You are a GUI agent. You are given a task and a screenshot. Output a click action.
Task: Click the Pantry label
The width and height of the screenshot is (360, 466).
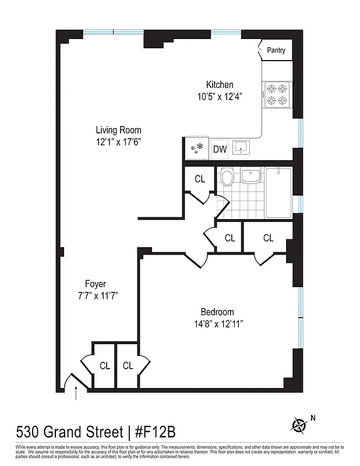click(276, 51)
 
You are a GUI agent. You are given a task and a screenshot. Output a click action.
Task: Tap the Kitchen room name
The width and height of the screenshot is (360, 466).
click(220, 85)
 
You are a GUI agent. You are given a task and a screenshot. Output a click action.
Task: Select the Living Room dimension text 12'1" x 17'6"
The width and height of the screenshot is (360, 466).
click(119, 142)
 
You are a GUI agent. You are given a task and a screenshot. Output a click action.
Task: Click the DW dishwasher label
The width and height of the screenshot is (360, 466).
click(220, 149)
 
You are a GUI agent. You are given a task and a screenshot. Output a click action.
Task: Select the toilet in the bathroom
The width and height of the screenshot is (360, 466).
click(227, 176)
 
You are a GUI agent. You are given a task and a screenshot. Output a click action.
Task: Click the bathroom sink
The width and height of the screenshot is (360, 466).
click(250, 175)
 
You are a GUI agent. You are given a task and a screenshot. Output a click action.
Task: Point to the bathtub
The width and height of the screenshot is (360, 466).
click(278, 193)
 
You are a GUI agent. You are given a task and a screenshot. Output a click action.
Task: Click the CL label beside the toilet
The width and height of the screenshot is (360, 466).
click(200, 179)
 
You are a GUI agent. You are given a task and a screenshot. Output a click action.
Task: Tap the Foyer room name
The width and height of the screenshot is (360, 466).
click(97, 284)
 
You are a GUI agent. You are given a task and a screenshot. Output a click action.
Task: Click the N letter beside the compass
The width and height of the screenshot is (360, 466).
click(313, 417)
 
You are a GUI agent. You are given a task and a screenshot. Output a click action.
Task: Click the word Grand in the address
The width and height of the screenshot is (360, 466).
click(63, 433)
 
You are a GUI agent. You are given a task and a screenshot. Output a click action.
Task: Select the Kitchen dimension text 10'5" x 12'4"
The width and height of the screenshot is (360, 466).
click(220, 97)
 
